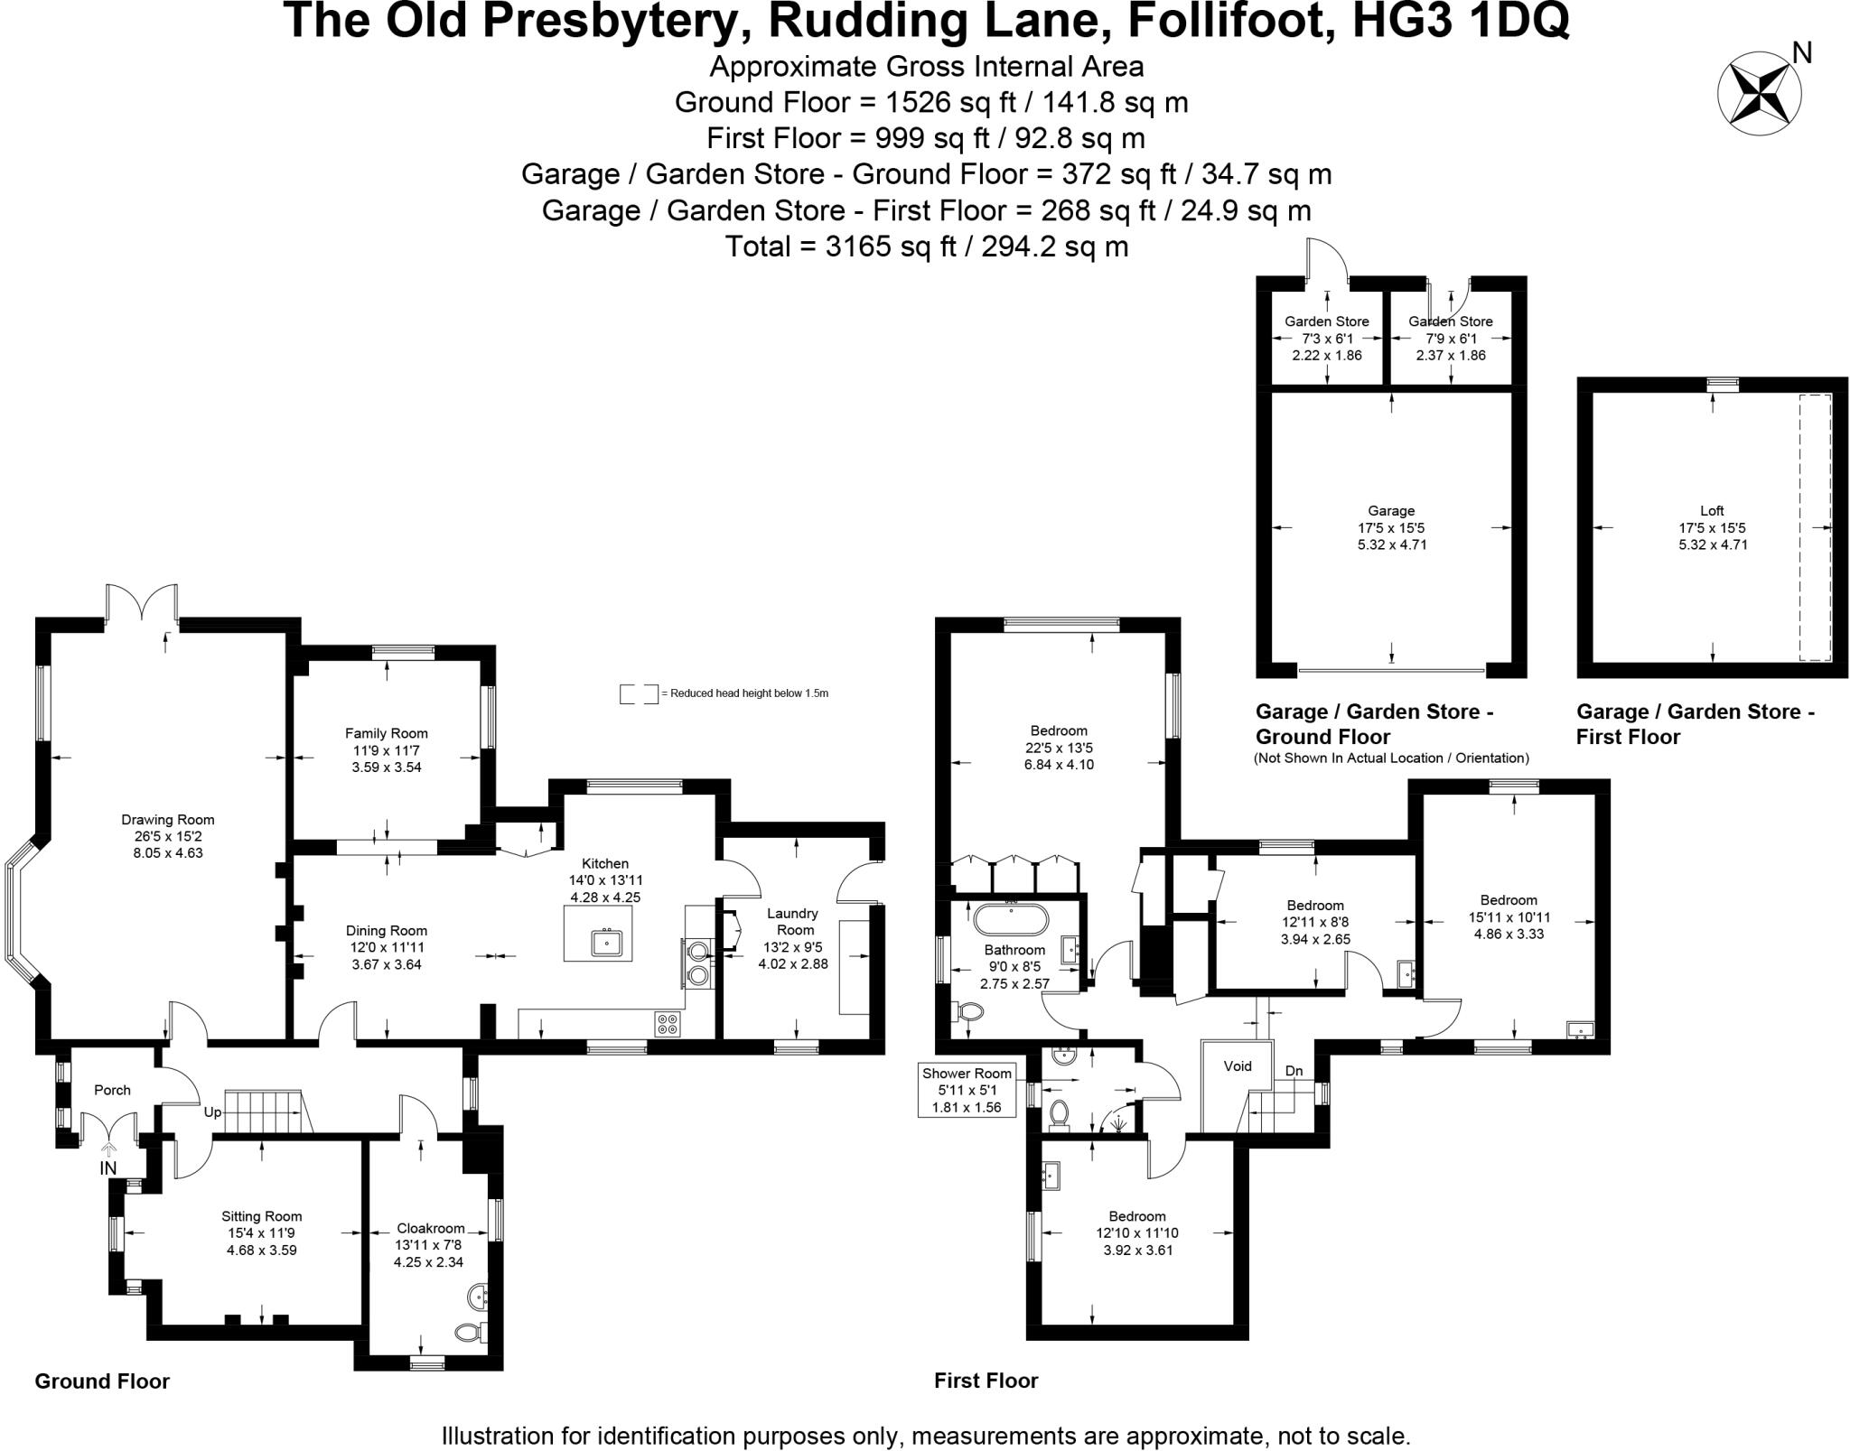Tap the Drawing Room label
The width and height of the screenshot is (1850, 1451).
(168, 820)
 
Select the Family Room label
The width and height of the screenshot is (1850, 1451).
(387, 733)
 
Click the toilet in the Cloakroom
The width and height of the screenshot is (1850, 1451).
(468, 1332)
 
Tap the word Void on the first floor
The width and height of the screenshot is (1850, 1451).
(1237, 1066)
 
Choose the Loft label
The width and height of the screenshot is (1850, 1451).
(1712, 510)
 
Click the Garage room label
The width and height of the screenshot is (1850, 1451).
(1391, 510)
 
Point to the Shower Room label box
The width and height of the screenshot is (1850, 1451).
(967, 1090)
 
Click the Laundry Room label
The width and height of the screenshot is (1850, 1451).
(793, 921)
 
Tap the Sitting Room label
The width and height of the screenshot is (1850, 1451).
(262, 1216)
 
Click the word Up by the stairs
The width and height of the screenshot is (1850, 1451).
(213, 1112)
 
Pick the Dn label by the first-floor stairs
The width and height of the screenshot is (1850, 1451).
(1294, 1071)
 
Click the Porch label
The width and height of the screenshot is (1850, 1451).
(113, 1090)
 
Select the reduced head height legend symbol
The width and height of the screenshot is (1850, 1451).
(639, 693)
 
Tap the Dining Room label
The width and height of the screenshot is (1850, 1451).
(387, 930)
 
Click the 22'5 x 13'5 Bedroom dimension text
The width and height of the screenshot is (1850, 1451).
(1059, 748)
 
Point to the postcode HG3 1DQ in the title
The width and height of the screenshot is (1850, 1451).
(1461, 22)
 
